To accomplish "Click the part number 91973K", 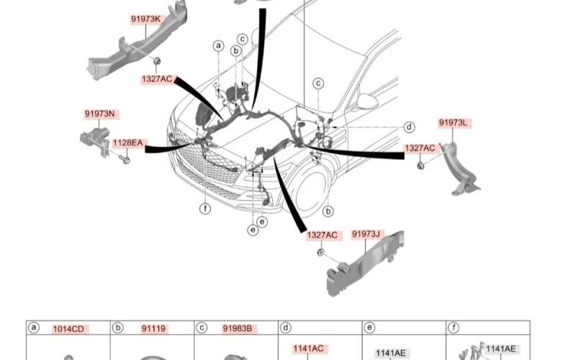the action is pos(145,19).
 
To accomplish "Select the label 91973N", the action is pos(99,114).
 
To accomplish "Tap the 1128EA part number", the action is pos(127,143).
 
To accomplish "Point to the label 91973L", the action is pos(453,123).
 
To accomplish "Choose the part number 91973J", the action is pos(366,234).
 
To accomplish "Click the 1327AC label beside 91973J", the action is pos(322,235).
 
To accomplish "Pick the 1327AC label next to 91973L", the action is pos(420,148).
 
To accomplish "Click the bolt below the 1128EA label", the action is pos(125,160).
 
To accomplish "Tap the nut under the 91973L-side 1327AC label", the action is pos(420,166).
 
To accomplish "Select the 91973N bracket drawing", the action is pos(95,141).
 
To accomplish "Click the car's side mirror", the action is pos(366,100).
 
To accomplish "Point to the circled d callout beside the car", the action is pos(409,127).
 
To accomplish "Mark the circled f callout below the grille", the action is pos(205,209).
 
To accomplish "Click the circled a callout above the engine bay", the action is pos(218,46).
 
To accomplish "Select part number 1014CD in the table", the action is pos(69,329).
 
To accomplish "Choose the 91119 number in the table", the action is pos(153,329).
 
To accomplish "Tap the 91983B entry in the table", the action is pos(238,329).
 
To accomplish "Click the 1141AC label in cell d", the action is pos(308,348).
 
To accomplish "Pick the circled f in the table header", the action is pos(453,328).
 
